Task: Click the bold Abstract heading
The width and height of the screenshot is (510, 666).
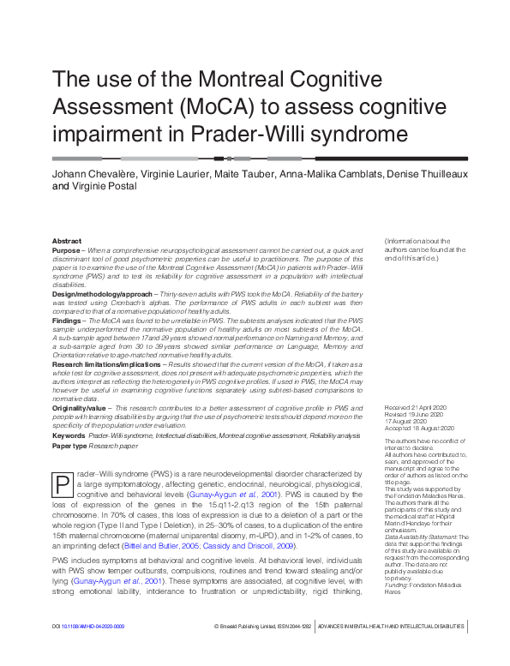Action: [x=68, y=242]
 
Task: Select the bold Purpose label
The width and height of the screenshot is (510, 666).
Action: [x=66, y=249]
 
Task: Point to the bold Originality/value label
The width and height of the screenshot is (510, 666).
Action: [x=80, y=409]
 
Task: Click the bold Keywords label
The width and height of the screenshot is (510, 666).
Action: [x=69, y=435]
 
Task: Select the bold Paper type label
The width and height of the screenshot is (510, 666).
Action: [x=70, y=446]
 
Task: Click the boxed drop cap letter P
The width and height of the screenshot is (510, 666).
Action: [x=63, y=485]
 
